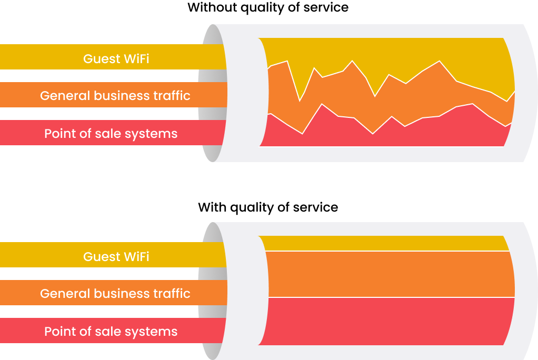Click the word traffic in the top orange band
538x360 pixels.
(x=172, y=96)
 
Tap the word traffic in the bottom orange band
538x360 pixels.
(x=172, y=294)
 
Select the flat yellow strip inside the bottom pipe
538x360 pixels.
(x=384, y=243)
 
